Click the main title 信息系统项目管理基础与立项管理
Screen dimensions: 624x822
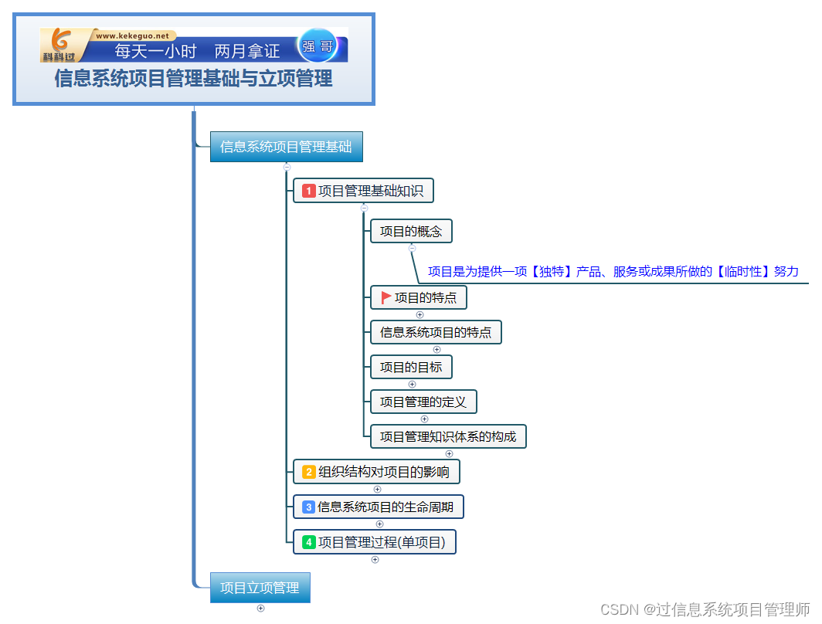193,79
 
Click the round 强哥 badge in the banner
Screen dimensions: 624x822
318,46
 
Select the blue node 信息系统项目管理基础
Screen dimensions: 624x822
286,147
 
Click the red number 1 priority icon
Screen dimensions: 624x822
309,191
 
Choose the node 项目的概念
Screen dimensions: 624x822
411,232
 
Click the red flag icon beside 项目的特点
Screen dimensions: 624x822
386,297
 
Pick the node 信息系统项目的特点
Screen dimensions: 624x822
436,333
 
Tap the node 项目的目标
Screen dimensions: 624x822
411,367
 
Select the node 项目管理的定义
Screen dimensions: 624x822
423,402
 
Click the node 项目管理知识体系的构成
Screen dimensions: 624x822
448,436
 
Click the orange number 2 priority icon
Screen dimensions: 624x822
309,472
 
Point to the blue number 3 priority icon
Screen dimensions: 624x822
308,507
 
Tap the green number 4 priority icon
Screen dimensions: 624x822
309,543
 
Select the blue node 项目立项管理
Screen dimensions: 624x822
260,588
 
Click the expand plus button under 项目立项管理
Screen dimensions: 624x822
260,608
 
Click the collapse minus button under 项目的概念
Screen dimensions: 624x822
412,248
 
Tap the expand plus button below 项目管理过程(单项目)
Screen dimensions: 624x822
375,560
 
